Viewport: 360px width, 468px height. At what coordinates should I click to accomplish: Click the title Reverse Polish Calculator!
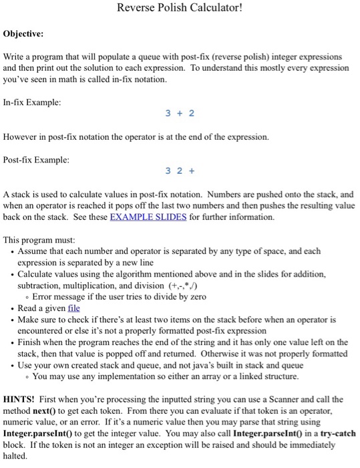pos(179,9)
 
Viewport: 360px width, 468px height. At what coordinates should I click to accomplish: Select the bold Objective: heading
pos(23,33)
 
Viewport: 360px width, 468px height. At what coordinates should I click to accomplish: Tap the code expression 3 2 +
pos(180,170)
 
